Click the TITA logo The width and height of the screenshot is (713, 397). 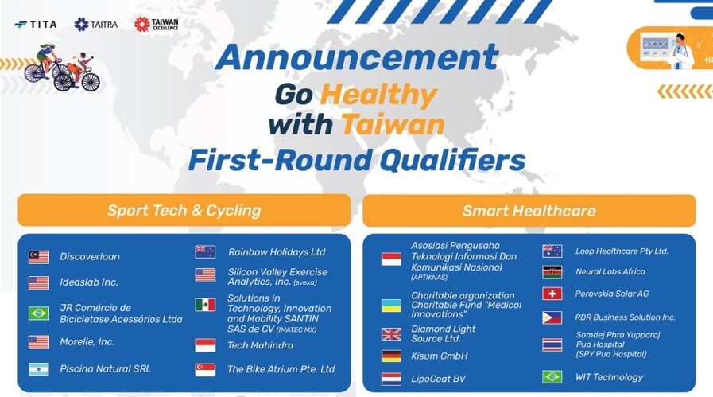tap(36, 24)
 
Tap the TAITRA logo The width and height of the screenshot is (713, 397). tap(96, 24)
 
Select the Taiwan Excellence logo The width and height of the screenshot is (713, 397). tap(156, 24)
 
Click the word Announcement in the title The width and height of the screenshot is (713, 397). tap(358, 57)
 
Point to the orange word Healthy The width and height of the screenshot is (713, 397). tap(379, 95)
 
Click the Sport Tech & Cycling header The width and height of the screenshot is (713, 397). tap(184, 210)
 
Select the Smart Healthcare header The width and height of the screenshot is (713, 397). tap(529, 211)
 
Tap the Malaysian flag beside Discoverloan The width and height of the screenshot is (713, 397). tap(39, 257)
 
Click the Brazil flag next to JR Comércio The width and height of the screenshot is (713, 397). tap(39, 313)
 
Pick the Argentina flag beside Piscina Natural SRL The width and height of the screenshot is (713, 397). tap(39, 369)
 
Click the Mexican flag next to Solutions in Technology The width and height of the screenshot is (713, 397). tap(205, 305)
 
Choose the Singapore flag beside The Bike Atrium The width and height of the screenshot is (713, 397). tap(205, 370)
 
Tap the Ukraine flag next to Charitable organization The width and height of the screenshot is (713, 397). tap(391, 306)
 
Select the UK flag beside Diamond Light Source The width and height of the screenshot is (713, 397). tap(391, 334)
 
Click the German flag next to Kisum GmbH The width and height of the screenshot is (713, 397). tap(391, 356)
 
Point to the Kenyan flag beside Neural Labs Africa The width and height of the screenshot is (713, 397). tap(552, 272)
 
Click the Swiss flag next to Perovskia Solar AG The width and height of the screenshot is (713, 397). tap(552, 294)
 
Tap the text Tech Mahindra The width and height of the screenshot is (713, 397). tap(261, 345)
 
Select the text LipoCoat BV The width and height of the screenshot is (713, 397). tap(438, 379)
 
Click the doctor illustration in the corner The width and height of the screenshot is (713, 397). tap(680, 51)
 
